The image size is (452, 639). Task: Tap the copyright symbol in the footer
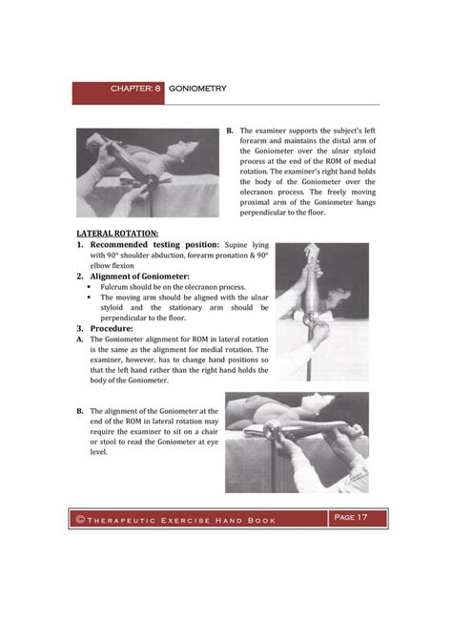tap(82, 519)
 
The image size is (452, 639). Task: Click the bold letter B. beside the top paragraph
tap(229, 130)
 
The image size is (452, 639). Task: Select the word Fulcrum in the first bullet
tap(114, 287)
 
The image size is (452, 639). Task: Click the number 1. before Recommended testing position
tap(81, 244)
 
